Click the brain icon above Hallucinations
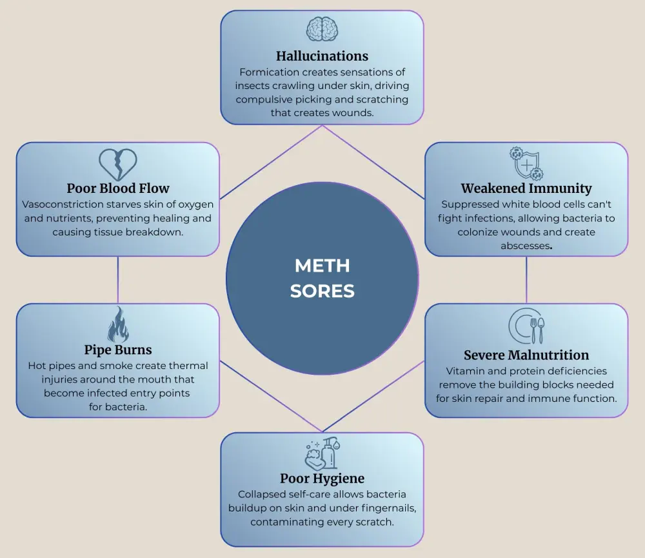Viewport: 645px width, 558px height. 322,30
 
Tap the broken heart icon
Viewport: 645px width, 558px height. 118,164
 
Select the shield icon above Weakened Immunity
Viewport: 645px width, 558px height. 526,163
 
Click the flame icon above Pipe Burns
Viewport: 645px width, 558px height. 118,324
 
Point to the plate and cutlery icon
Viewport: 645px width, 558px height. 526,326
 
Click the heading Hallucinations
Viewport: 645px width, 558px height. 322,55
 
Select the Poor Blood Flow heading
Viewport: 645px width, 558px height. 118,188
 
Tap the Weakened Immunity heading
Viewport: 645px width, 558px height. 526,188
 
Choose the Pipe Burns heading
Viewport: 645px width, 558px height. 118,350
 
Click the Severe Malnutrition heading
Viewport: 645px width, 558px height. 526,355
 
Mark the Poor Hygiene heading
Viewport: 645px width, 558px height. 322,478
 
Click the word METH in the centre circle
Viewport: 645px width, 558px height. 322,265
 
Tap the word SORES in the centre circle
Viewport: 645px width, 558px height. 322,291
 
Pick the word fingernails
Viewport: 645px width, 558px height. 382,508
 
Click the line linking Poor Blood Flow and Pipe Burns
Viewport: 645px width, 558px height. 118,280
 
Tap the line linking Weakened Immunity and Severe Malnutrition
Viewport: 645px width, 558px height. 526,280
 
